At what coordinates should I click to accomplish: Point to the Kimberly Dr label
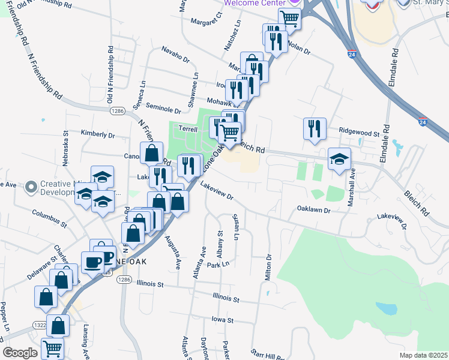pyautogui.click(x=97, y=135)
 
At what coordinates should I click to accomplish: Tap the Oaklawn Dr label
pyautogui.click(x=314, y=211)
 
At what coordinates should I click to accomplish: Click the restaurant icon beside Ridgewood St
pyautogui.click(x=315, y=128)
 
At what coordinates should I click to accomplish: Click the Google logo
pyautogui.click(x=20, y=353)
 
